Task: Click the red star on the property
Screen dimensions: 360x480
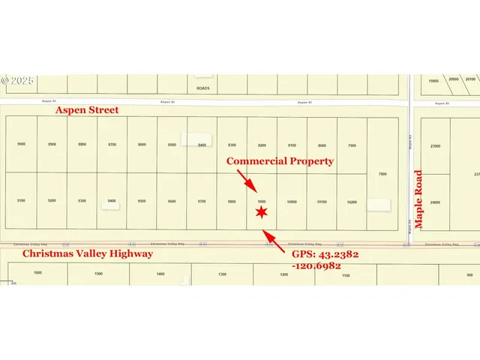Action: point(261,213)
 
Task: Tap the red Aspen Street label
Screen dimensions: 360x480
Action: point(87,110)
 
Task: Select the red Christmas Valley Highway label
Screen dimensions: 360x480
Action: point(88,253)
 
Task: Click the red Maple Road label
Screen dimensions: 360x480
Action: point(419,199)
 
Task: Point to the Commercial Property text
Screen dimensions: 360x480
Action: point(280,161)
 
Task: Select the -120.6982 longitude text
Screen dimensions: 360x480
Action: point(317,265)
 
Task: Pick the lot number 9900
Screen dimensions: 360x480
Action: point(262,202)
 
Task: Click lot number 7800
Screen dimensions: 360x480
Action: point(382,174)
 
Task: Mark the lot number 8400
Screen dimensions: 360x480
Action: point(202,144)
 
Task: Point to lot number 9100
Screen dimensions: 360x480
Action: point(21,202)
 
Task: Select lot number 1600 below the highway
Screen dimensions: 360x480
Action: point(37,274)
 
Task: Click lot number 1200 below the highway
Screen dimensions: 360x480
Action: point(283,274)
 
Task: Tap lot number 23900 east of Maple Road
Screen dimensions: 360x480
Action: point(434,146)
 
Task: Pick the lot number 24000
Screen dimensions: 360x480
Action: point(434,202)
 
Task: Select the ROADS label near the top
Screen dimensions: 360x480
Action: point(202,88)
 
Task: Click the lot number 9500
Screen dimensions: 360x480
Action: point(142,202)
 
